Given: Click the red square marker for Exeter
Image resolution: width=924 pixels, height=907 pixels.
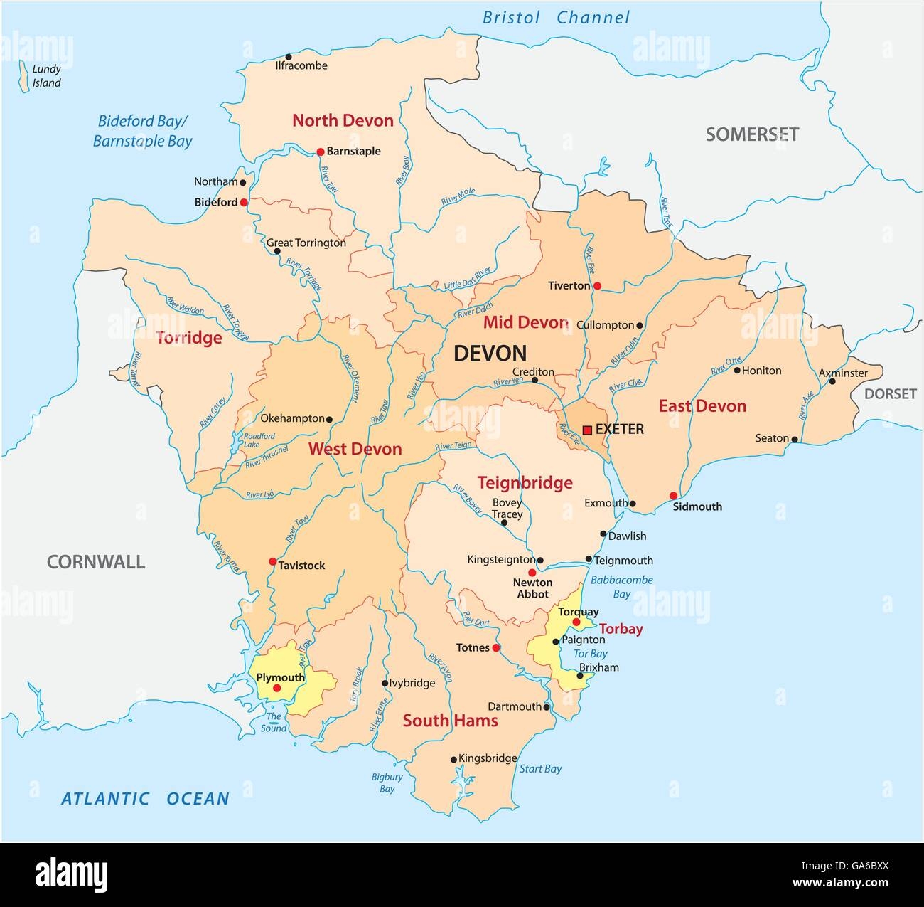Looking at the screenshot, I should coord(587,430).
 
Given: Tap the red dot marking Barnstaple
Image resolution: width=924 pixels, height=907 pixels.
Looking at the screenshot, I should coord(320,152).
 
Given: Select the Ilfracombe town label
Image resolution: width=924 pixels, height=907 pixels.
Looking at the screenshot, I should coord(301,65).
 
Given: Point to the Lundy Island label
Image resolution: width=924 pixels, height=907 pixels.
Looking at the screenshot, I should coord(47,76).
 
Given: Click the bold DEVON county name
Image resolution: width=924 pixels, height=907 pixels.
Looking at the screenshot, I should coord(490,353).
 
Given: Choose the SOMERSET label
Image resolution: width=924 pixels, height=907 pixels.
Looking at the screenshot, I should coord(752,134).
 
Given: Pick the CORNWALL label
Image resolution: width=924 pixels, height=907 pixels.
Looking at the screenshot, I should coord(96,562).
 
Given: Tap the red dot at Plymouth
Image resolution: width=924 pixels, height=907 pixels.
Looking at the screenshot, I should coord(277,689).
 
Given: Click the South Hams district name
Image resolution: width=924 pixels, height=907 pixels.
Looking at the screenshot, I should coord(450,721).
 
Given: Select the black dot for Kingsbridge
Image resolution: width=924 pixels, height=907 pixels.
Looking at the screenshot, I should coord(453,760).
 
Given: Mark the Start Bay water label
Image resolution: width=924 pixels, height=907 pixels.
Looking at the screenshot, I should coord(540,768).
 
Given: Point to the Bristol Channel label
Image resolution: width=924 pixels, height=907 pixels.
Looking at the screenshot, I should coord(556,18).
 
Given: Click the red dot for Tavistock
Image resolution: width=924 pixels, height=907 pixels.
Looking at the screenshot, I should coord(272,561).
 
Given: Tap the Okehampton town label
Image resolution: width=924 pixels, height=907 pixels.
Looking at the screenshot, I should coord(292,418).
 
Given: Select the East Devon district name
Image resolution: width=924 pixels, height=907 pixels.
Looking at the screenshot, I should coord(702,406).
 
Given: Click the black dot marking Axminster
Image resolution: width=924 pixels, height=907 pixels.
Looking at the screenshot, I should coord(832,381).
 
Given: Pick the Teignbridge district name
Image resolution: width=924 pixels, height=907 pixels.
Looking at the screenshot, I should coord(525,483).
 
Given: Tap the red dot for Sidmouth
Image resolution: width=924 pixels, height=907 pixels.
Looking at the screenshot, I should coord(673,496).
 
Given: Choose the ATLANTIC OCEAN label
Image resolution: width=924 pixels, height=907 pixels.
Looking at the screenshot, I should coord(145,798).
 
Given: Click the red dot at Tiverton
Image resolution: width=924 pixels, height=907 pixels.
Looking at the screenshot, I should coord(597,286).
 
